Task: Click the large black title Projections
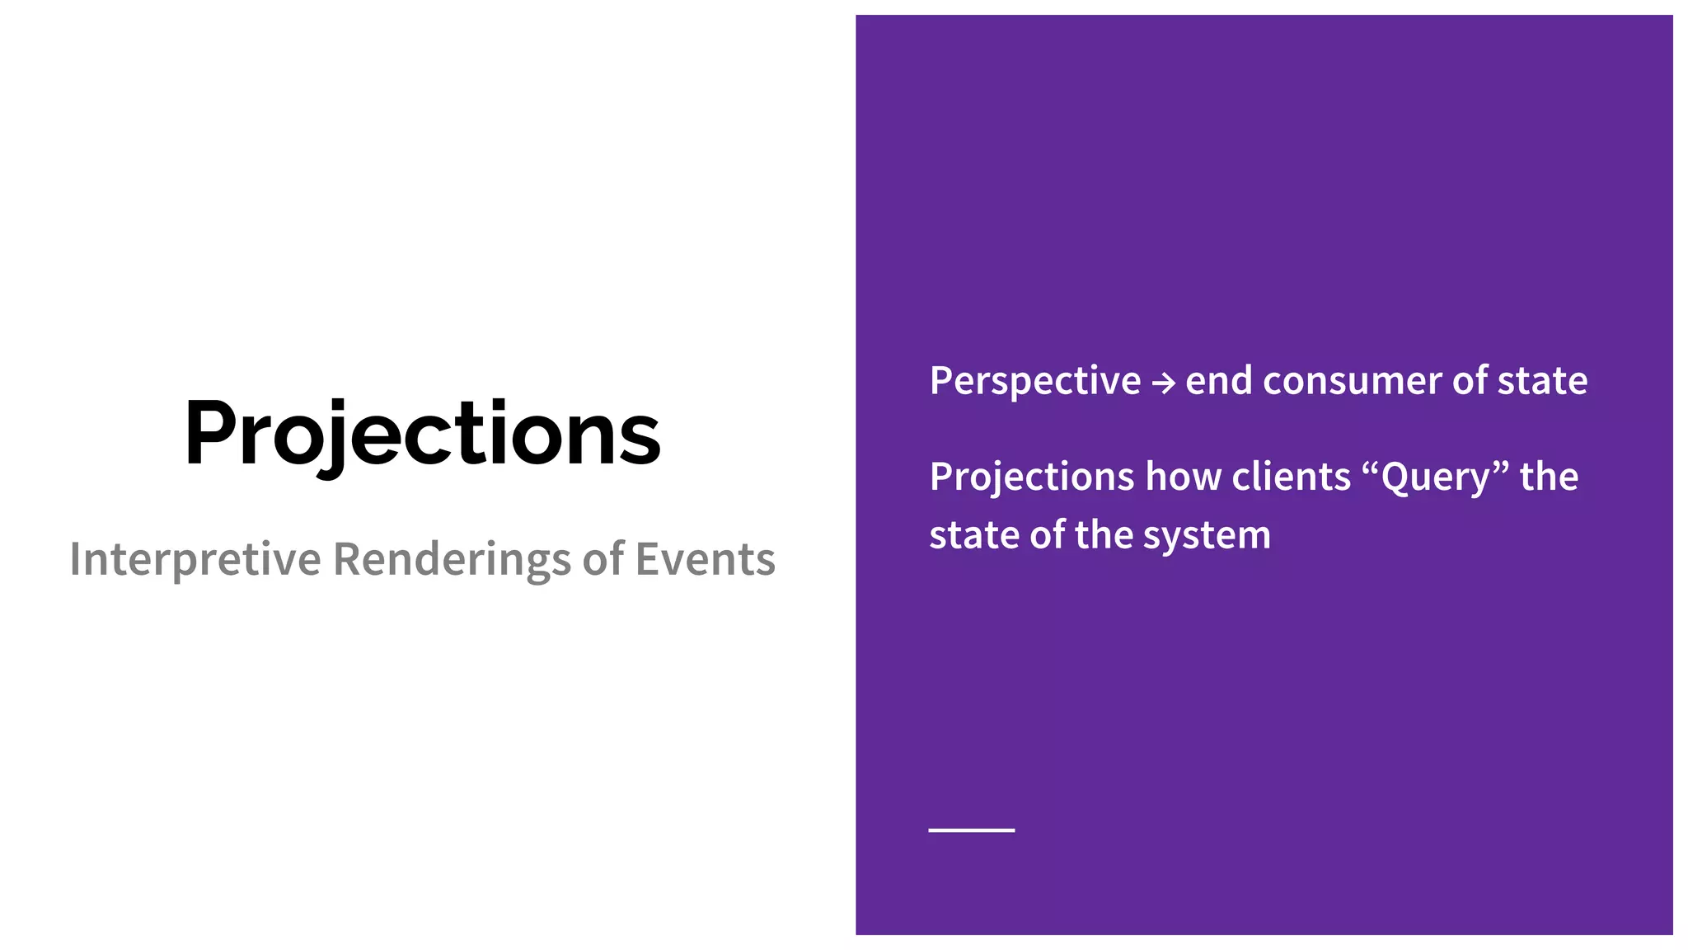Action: (422, 434)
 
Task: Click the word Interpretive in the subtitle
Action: (195, 559)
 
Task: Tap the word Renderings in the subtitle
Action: (452, 559)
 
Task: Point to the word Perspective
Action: (1035, 381)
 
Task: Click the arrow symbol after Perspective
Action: (1163, 383)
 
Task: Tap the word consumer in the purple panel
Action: (1352, 381)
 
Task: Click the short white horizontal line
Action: (971, 830)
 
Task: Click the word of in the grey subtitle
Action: (603, 559)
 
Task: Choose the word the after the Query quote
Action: (1549, 477)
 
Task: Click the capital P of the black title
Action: (213, 434)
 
